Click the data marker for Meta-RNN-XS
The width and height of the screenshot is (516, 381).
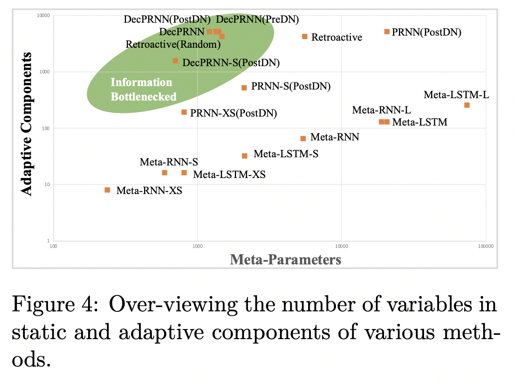tap(107, 190)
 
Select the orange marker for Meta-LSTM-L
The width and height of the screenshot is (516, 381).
tap(467, 105)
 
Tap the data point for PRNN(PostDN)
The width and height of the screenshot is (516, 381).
tap(387, 32)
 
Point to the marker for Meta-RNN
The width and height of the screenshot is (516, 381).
tap(303, 138)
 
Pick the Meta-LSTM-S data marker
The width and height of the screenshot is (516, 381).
tap(245, 156)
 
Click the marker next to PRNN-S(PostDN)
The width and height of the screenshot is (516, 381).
tap(244, 88)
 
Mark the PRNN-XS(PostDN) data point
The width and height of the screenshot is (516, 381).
tap(184, 112)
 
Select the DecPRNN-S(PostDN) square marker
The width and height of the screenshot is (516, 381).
tap(175, 61)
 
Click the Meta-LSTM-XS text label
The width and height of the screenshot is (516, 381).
tap(229, 174)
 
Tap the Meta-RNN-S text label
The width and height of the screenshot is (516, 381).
tap(169, 162)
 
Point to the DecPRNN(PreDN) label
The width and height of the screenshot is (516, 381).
tap(257, 19)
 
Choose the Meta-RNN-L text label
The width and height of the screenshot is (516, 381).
tap(381, 110)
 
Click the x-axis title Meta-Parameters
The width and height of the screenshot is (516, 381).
tap(285, 259)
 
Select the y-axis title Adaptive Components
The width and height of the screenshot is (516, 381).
tap(26, 124)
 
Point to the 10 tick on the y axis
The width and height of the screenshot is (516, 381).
tap(47, 185)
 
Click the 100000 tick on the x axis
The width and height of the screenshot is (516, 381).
tap(485, 246)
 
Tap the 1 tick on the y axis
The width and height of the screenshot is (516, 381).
tap(49, 241)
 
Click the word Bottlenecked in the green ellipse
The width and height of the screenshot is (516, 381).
tap(143, 97)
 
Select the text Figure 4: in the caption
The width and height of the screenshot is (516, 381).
tap(55, 305)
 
